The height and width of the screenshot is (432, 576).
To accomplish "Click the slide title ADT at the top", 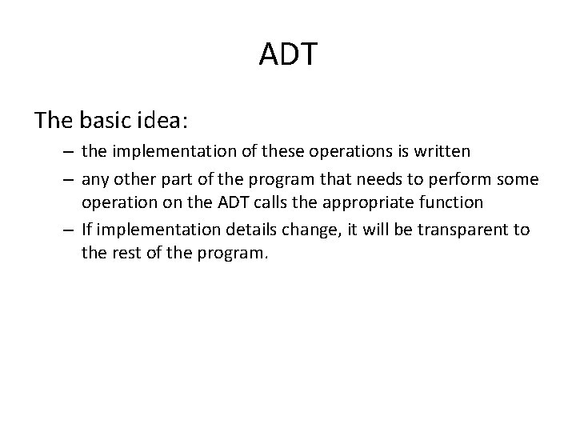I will click(288, 55).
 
